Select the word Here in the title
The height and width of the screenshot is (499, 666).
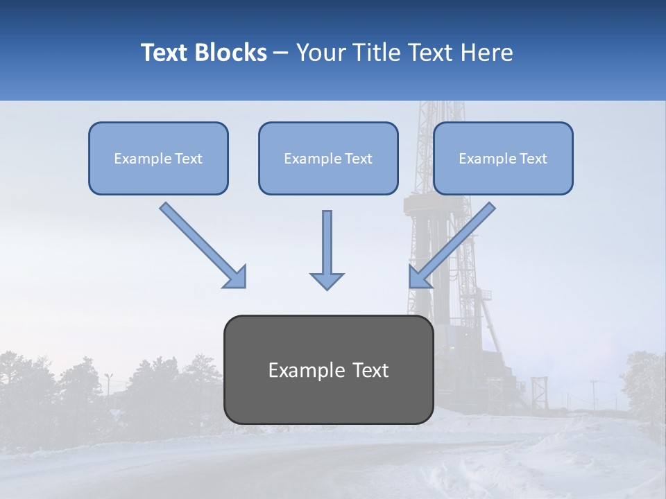pyautogui.click(x=485, y=53)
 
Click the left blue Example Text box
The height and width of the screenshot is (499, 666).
pyautogui.click(x=158, y=159)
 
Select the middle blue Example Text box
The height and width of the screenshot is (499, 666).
pyautogui.click(x=328, y=159)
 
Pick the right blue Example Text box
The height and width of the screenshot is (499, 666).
pyautogui.click(x=503, y=159)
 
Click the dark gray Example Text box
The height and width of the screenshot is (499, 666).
pyautogui.click(x=328, y=370)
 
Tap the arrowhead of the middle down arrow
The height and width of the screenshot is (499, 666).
pyautogui.click(x=327, y=280)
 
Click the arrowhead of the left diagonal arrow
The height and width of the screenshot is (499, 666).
pyautogui.click(x=236, y=277)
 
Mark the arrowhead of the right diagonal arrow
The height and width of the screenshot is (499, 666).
pyautogui.click(x=419, y=277)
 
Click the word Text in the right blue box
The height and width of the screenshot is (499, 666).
pyautogui.click(x=533, y=159)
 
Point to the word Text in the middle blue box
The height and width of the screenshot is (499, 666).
pyautogui.click(x=358, y=159)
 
